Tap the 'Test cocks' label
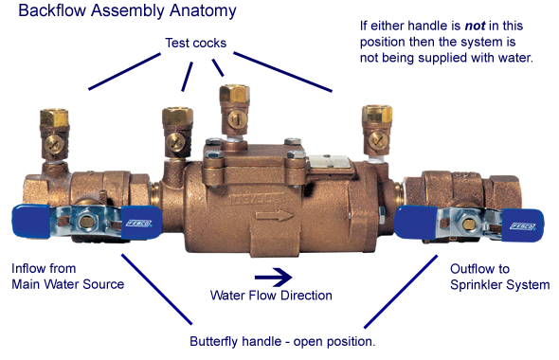tap(196, 43)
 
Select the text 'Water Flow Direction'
tap(271, 296)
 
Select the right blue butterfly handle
tap(422, 221)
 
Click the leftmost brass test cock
tap(54, 128)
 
